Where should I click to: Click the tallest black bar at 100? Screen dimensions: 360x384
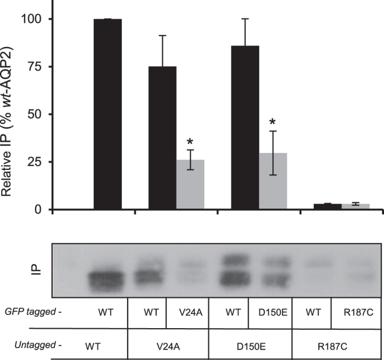tap(108, 114)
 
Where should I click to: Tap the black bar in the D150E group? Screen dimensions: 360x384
tap(246, 127)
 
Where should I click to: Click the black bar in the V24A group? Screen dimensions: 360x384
tap(163, 138)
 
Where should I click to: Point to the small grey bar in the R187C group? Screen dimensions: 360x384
tap(355, 205)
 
